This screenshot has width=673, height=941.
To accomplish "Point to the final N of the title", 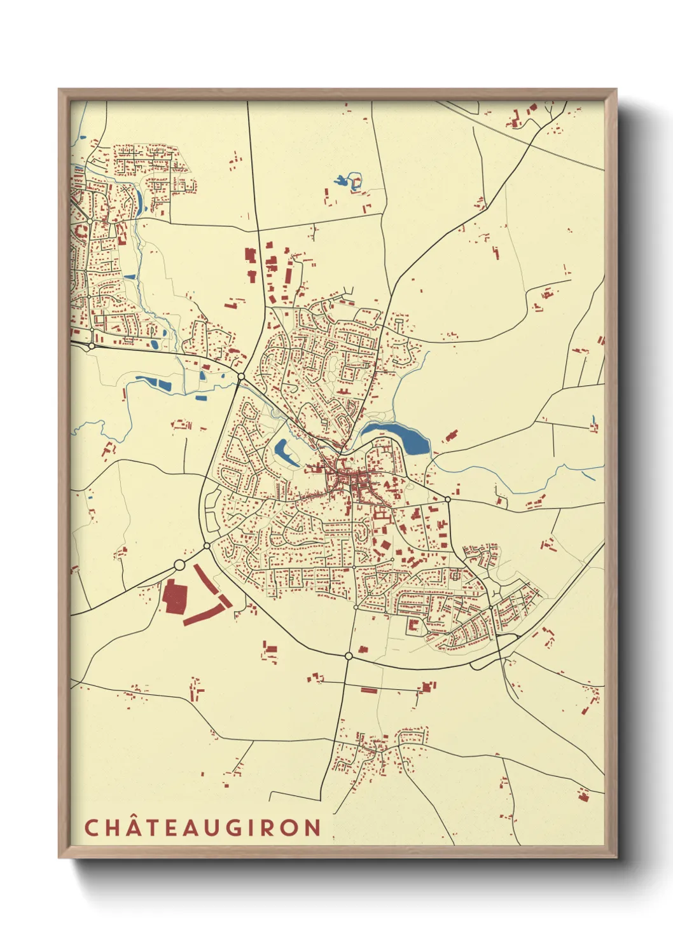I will point(312,828).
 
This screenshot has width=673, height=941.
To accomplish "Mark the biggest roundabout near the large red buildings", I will point(179,565).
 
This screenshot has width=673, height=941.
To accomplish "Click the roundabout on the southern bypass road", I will point(349,656).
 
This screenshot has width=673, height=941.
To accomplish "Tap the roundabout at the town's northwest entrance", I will point(241,377).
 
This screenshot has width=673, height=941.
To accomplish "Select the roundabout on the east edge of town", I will point(448,500).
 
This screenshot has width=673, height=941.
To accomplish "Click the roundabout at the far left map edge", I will point(92,346).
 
